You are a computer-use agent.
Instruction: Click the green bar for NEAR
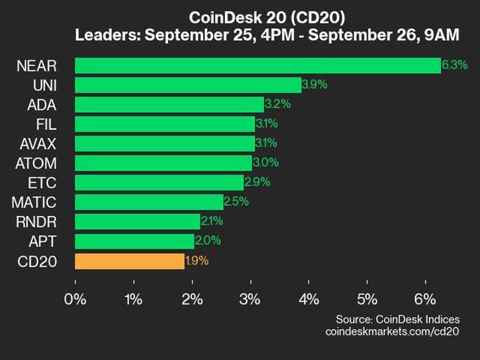(x=258, y=65)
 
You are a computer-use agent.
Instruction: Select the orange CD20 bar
(x=130, y=261)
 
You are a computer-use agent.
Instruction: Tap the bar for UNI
(x=188, y=85)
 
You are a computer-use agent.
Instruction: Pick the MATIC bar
(x=149, y=202)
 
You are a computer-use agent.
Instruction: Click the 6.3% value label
(x=455, y=65)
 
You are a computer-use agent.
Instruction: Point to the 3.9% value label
(x=314, y=85)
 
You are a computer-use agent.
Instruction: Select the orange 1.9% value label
(x=197, y=261)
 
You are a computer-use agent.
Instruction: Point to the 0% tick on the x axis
(x=76, y=299)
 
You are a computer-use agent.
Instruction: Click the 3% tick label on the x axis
(x=250, y=299)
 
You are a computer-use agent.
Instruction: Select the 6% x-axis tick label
(x=425, y=299)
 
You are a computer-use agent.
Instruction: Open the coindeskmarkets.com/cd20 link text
(x=392, y=332)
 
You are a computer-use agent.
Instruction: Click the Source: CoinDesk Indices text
(x=397, y=319)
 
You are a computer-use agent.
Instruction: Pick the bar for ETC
(x=159, y=182)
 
